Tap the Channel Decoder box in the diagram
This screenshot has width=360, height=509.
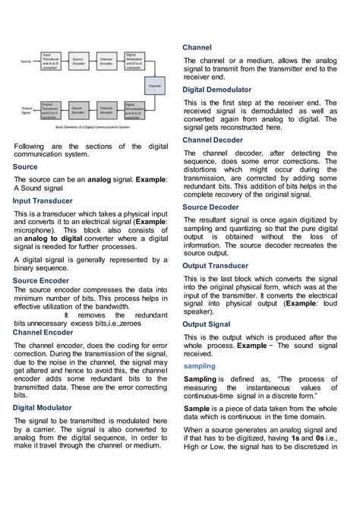[x=106, y=112]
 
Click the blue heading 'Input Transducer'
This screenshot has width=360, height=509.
[x=43, y=201]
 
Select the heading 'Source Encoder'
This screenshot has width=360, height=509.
[x=41, y=280]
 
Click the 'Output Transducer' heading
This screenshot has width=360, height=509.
[x=216, y=266]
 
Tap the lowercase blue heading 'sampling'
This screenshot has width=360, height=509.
[x=199, y=365]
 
